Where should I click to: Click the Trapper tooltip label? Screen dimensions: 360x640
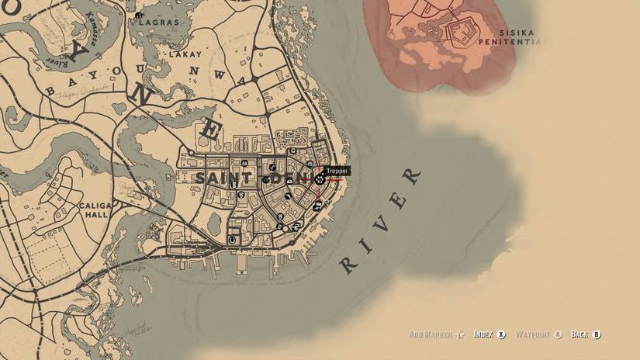click(337, 171)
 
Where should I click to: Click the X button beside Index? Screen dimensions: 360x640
click(502, 334)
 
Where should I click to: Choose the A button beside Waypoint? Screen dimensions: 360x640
click(556, 334)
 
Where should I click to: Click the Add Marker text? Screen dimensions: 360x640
click(431, 334)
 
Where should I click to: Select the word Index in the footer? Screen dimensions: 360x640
click(483, 334)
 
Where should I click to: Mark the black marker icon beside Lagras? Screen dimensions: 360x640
click(138, 15)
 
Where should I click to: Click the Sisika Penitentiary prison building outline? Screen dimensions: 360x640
click(463, 33)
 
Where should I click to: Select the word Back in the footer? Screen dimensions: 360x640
click(579, 334)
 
